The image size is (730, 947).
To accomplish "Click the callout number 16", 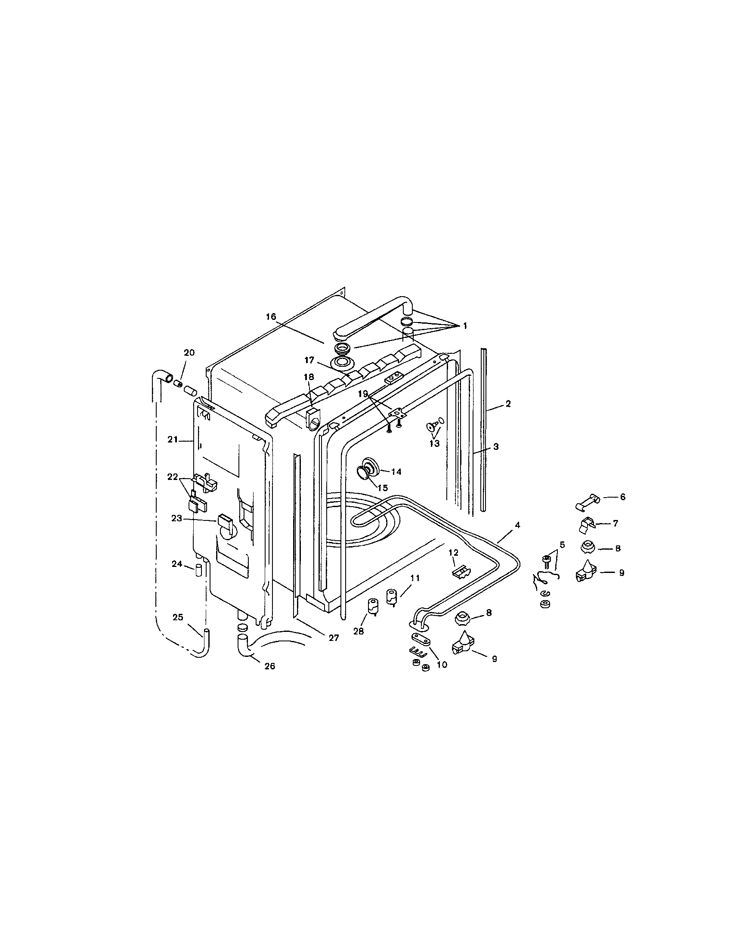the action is (x=271, y=317).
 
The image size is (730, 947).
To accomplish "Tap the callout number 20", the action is (x=189, y=353).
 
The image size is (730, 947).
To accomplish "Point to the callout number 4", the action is (x=517, y=525).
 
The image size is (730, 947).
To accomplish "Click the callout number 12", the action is (x=453, y=552).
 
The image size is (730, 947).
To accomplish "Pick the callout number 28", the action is (x=359, y=631).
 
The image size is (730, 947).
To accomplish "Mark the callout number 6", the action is (x=622, y=497).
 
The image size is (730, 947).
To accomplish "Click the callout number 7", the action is (x=615, y=523).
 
